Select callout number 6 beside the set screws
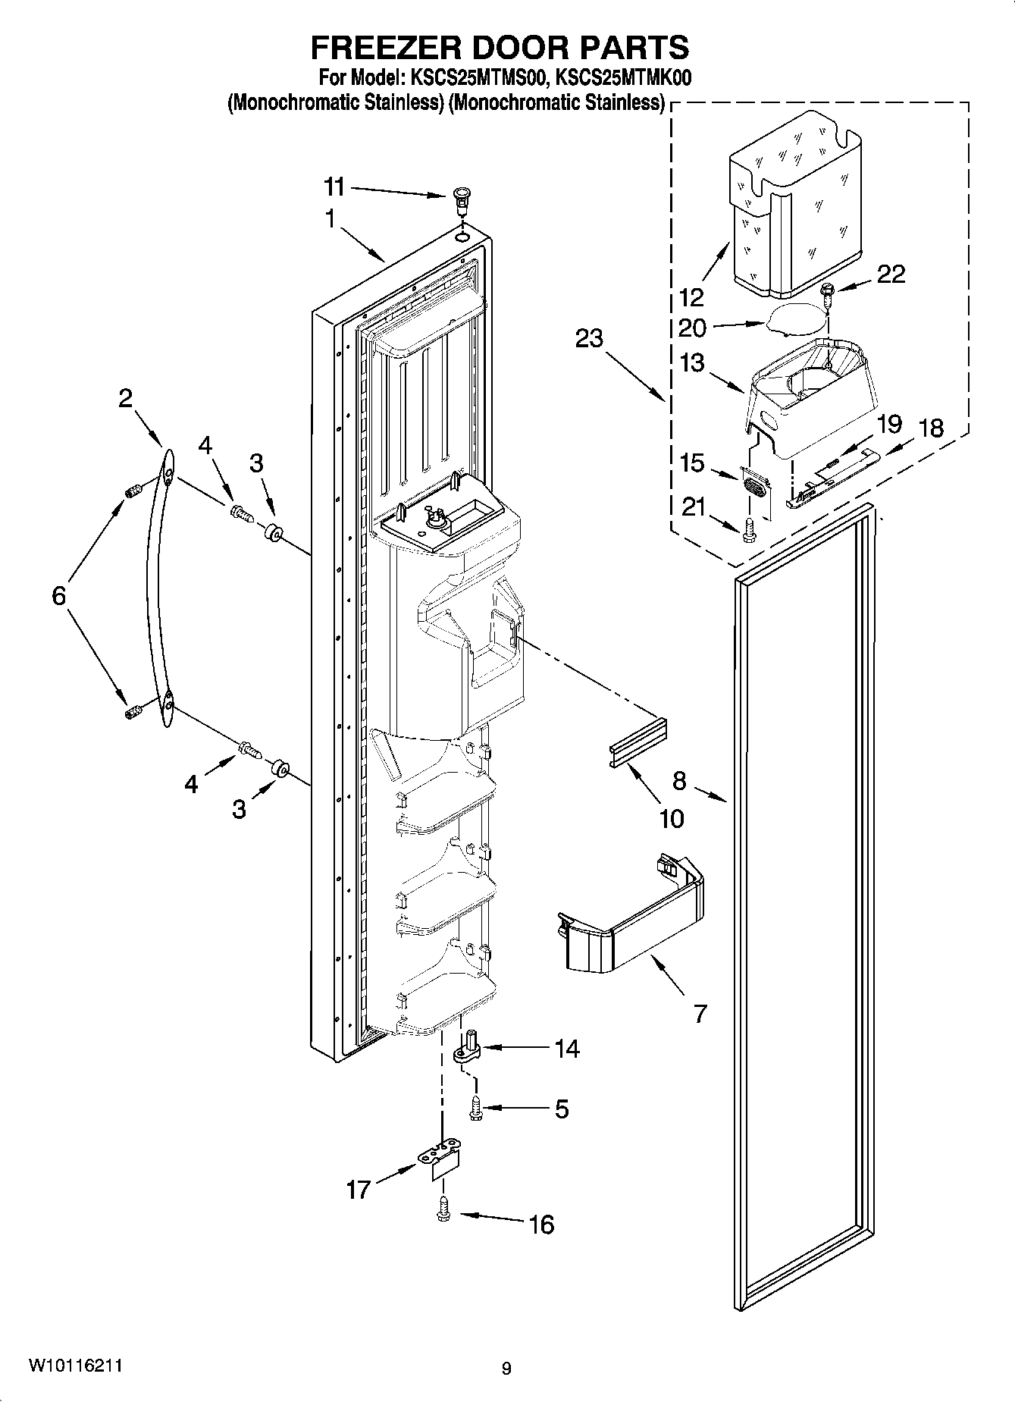click(x=59, y=595)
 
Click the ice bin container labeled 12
click(x=796, y=205)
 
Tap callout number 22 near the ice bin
click(x=891, y=274)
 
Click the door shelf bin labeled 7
click(x=633, y=921)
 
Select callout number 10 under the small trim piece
click(x=672, y=818)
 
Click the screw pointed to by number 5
click(x=475, y=1108)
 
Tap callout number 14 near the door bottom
click(x=567, y=1049)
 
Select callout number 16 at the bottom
click(x=541, y=1223)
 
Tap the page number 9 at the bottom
click(x=506, y=1369)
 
